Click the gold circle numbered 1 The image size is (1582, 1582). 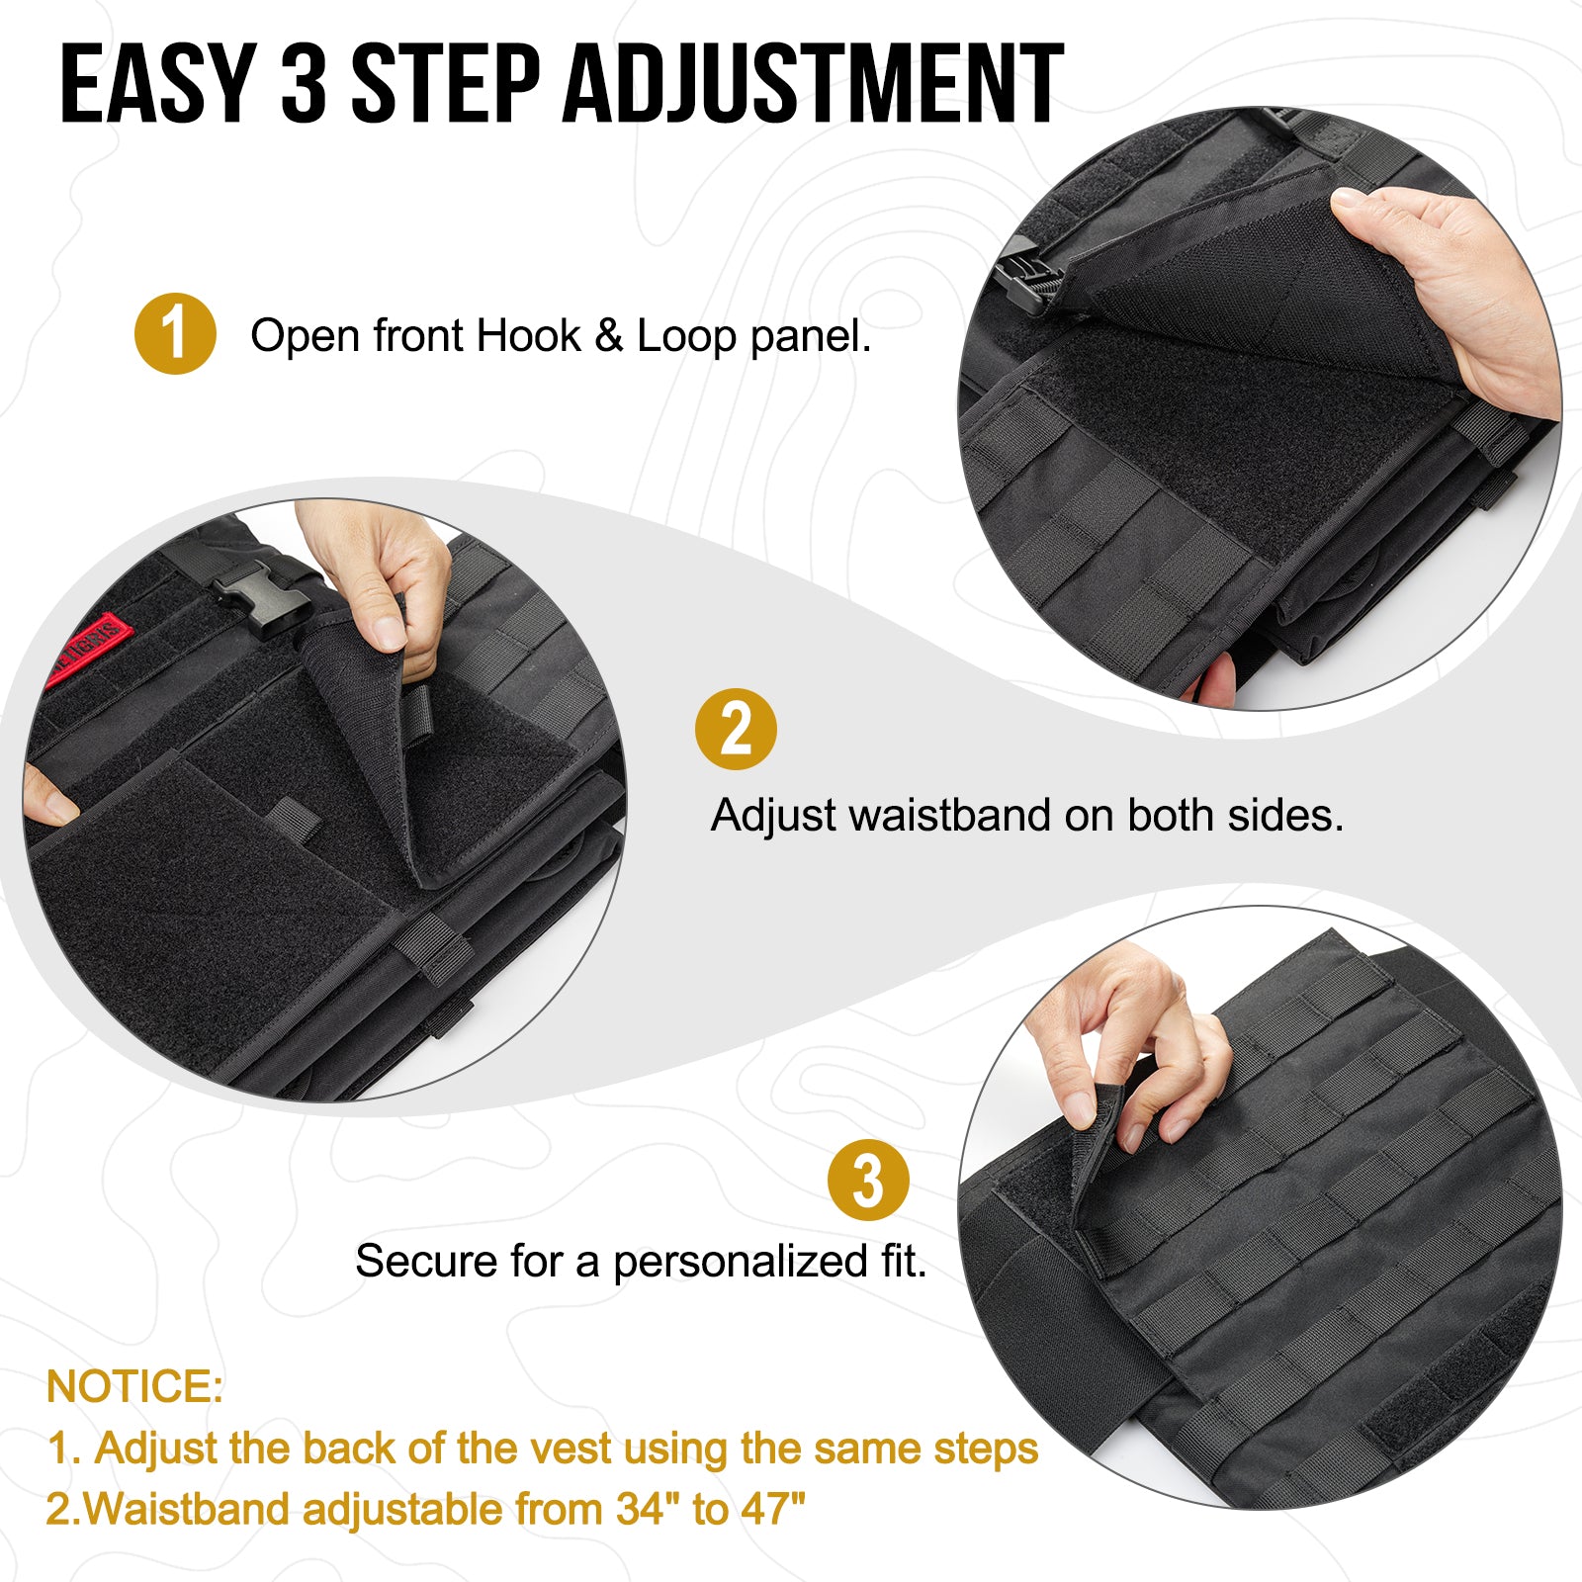(175, 334)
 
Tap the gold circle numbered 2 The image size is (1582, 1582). (736, 730)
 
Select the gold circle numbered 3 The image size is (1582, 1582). (867, 1180)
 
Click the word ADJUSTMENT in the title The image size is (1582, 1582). (813, 85)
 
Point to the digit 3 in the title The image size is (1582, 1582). (304, 85)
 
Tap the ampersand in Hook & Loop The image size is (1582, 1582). (608, 336)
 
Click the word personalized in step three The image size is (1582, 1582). (741, 1262)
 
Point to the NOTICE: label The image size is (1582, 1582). (134, 1386)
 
